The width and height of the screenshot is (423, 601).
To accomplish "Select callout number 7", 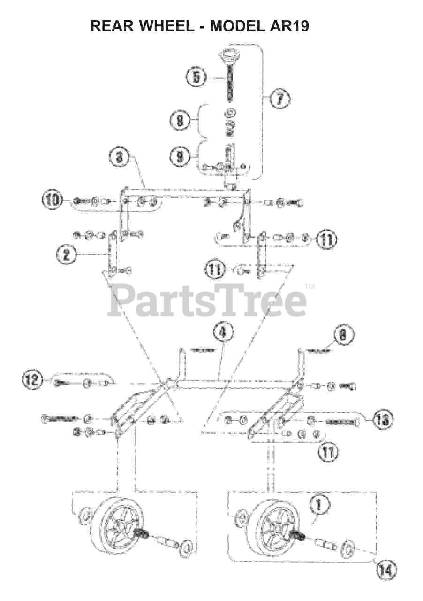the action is click(279, 99).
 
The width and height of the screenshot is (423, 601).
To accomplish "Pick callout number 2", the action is click(66, 254).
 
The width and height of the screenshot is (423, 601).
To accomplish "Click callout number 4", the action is click(223, 333).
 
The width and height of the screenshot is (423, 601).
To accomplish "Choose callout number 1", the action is click(320, 506).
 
